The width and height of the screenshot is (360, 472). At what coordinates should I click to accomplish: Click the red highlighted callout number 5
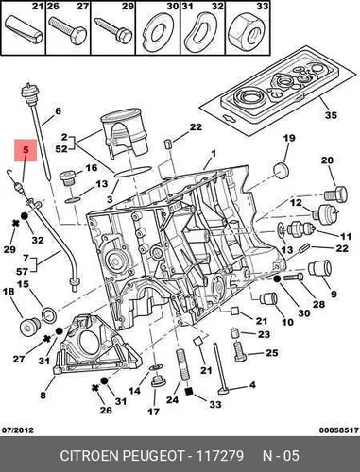coord(26,150)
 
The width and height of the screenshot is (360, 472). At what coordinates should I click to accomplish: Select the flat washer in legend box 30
coord(158,32)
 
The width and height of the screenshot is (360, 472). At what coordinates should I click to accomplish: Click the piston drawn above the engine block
coord(124,133)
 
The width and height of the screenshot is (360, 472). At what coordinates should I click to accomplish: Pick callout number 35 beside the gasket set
coord(331,115)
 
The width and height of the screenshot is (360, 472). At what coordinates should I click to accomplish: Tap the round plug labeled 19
coord(281,171)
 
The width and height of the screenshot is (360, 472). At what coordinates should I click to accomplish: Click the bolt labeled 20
coord(335,194)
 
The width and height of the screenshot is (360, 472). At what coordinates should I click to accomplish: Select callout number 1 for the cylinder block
coord(214,154)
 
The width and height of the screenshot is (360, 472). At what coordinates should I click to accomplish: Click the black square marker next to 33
coord(188,391)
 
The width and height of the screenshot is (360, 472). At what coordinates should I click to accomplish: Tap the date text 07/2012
coord(18,430)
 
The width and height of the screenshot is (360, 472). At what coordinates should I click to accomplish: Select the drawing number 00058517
coord(339,430)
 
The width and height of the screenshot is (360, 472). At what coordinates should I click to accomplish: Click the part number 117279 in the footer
coord(220,455)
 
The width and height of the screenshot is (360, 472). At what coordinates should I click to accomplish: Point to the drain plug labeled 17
coord(156,381)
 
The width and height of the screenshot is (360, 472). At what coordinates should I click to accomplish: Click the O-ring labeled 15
coord(49,315)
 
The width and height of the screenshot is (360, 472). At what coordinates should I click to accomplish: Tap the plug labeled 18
coord(29,327)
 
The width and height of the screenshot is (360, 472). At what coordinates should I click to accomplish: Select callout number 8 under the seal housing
coord(43,395)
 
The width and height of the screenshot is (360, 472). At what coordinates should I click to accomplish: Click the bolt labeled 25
coord(240,351)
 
